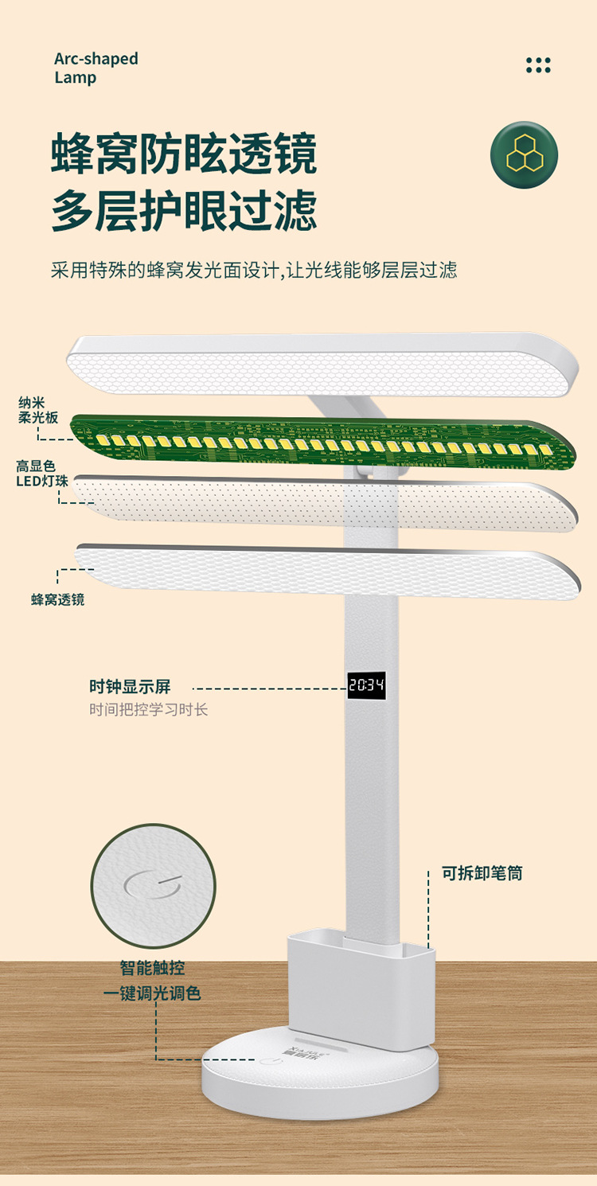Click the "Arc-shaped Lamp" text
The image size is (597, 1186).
[96, 68]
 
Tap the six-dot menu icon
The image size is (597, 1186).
[538, 65]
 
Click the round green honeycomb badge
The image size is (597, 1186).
[524, 154]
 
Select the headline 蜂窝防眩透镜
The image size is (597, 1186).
[184, 154]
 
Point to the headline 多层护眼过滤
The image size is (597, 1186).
[184, 211]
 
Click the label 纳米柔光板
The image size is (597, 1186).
[38, 409]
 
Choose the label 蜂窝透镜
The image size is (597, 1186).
[58, 599]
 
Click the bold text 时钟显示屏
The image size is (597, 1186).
[130, 687]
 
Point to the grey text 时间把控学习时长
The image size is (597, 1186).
[148, 709]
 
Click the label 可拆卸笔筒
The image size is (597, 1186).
[482, 873]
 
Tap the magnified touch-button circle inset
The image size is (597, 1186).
[153, 885]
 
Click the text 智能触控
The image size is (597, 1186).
[152, 968]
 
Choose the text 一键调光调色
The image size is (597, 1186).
[152, 993]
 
